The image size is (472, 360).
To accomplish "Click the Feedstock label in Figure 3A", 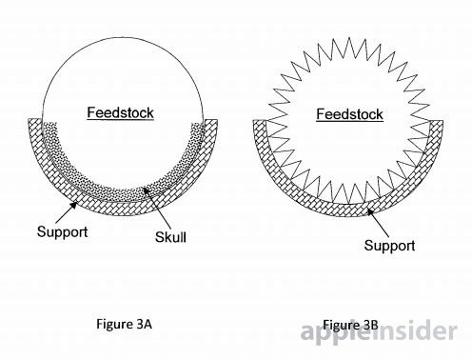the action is [x=121, y=112].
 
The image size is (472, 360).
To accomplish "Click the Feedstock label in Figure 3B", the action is [x=350, y=114].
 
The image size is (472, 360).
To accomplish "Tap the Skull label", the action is [x=170, y=237].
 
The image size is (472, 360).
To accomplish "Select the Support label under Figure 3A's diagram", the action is [x=63, y=232].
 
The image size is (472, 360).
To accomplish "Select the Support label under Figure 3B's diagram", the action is [x=389, y=246].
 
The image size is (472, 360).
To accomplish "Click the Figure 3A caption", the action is [x=125, y=324].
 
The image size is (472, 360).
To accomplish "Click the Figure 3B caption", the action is [x=350, y=325].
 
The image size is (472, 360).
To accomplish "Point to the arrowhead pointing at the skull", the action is [x=146, y=190].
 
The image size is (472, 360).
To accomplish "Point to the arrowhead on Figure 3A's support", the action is [x=73, y=206].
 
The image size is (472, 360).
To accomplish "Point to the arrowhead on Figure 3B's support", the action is [x=370, y=211].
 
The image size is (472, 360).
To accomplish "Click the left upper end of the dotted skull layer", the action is [x=49, y=123].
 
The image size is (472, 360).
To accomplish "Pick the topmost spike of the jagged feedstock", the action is [x=349, y=38].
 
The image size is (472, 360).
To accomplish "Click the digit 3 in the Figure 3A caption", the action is [x=141, y=324].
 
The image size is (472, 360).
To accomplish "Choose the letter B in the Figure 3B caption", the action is [x=375, y=325].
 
